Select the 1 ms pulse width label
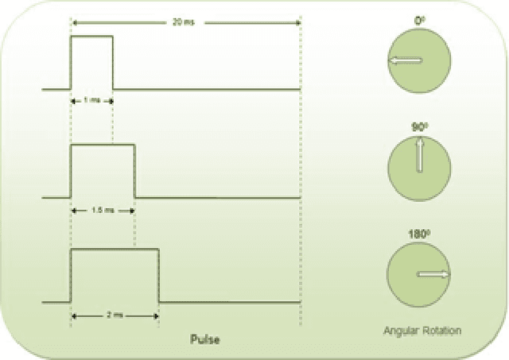[91, 100]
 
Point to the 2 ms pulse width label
[114, 315]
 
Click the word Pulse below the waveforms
[204, 339]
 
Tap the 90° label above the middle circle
[418, 127]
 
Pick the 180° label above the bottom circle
[418, 235]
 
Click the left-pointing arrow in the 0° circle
[405, 61]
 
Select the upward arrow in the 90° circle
[418, 156]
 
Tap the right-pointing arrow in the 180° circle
[433, 274]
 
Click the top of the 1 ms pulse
[91, 37]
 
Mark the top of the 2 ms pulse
[115, 250]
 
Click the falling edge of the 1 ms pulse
[113, 64]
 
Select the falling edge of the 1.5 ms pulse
[134, 170]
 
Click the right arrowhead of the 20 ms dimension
[297, 23]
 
